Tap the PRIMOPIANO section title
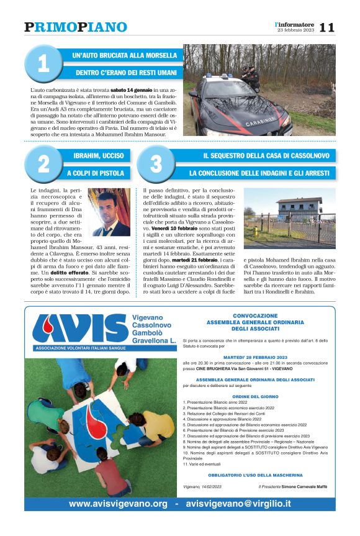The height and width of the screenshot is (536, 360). point(76,27)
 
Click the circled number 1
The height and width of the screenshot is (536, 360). point(43,64)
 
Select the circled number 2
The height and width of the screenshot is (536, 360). point(43,164)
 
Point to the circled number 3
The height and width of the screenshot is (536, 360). point(156,164)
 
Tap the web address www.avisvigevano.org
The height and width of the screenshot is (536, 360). point(119,504)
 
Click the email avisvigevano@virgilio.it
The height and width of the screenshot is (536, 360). point(238,504)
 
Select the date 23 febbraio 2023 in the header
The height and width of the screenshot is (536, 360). point(295,30)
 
